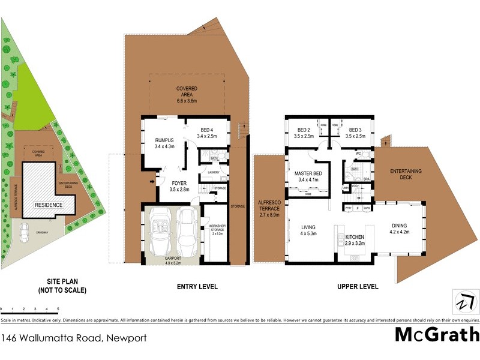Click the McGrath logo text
click(437, 335)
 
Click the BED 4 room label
click(207, 133)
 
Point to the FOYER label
click(179, 186)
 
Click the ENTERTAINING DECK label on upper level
click(406, 175)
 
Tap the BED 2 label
click(305, 133)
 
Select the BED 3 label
click(355, 133)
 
